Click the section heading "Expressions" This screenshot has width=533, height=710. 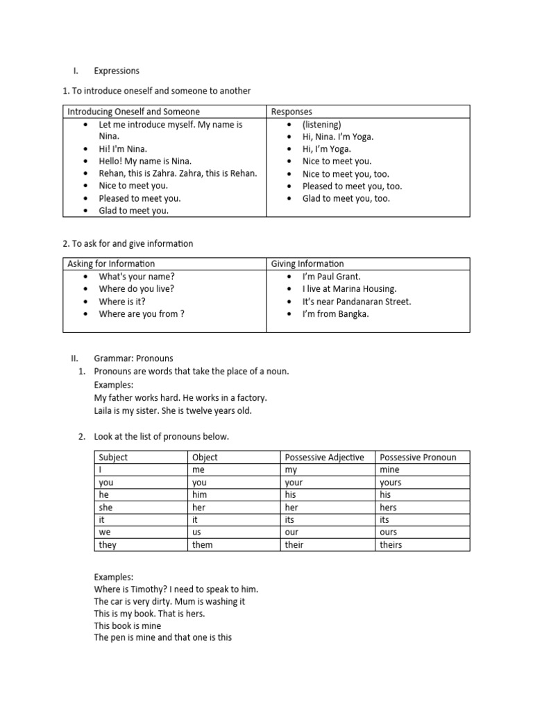(117, 71)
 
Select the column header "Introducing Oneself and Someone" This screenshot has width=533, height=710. (133, 112)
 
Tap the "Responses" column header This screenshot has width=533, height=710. (291, 112)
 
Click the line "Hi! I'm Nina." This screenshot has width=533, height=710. (124, 149)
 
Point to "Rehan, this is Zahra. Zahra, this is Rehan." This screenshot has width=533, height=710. (178, 173)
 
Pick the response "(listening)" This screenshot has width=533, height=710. (321, 125)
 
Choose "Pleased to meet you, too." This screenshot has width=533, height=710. (352, 186)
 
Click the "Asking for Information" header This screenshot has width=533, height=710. (111, 263)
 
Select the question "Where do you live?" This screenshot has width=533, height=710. (137, 288)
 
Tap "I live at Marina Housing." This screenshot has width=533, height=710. (349, 288)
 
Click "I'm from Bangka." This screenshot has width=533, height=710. (336, 313)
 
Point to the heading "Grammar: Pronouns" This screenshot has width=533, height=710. (134, 358)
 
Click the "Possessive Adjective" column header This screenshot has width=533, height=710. (324, 457)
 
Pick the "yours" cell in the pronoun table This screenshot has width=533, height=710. (391, 482)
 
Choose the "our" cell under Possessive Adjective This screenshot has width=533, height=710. (291, 532)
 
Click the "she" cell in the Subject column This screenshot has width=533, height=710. (105, 507)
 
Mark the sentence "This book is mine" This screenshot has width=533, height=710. (128, 625)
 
